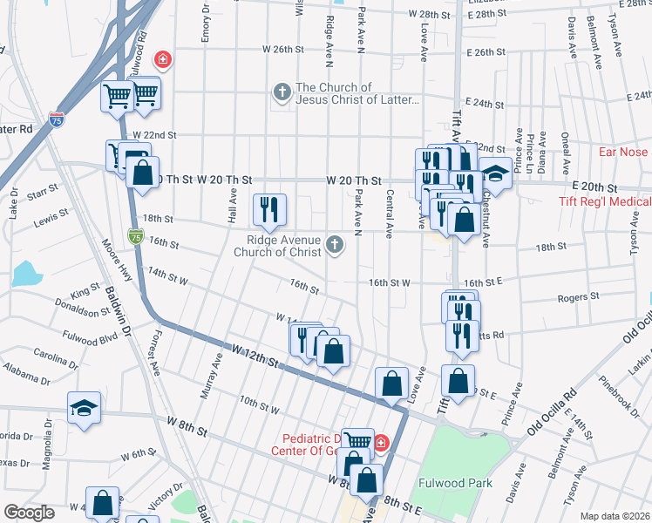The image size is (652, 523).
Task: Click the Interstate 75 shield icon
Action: point(57,119)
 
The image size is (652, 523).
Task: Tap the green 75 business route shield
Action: point(135,235)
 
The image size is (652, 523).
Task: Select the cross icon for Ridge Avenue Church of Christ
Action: point(335,244)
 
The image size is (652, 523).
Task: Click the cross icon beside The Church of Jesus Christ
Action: point(282,92)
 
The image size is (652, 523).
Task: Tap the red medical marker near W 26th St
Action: point(161,59)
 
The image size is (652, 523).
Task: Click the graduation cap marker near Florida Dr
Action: point(85,407)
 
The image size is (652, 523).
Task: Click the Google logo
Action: point(30,513)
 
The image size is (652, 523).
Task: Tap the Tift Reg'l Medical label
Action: point(605,202)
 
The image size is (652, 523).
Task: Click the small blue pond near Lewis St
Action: point(26,274)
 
